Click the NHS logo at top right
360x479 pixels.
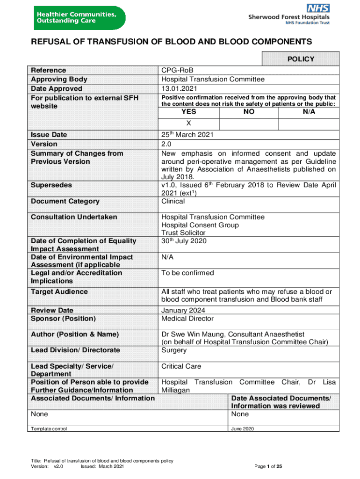318,8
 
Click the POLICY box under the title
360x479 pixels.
300,59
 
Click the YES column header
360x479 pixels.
189,112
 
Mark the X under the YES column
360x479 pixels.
189,123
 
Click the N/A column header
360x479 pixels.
309,112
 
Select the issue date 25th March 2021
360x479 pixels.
187,135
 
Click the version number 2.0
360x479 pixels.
166,144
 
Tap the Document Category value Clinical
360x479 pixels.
173,201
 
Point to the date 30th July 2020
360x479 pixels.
184,241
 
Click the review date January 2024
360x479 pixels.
183,310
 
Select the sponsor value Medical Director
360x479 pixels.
187,319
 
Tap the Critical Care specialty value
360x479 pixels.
181,366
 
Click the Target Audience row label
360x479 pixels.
59,291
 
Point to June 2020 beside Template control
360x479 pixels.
243,428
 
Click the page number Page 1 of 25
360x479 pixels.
268,466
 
